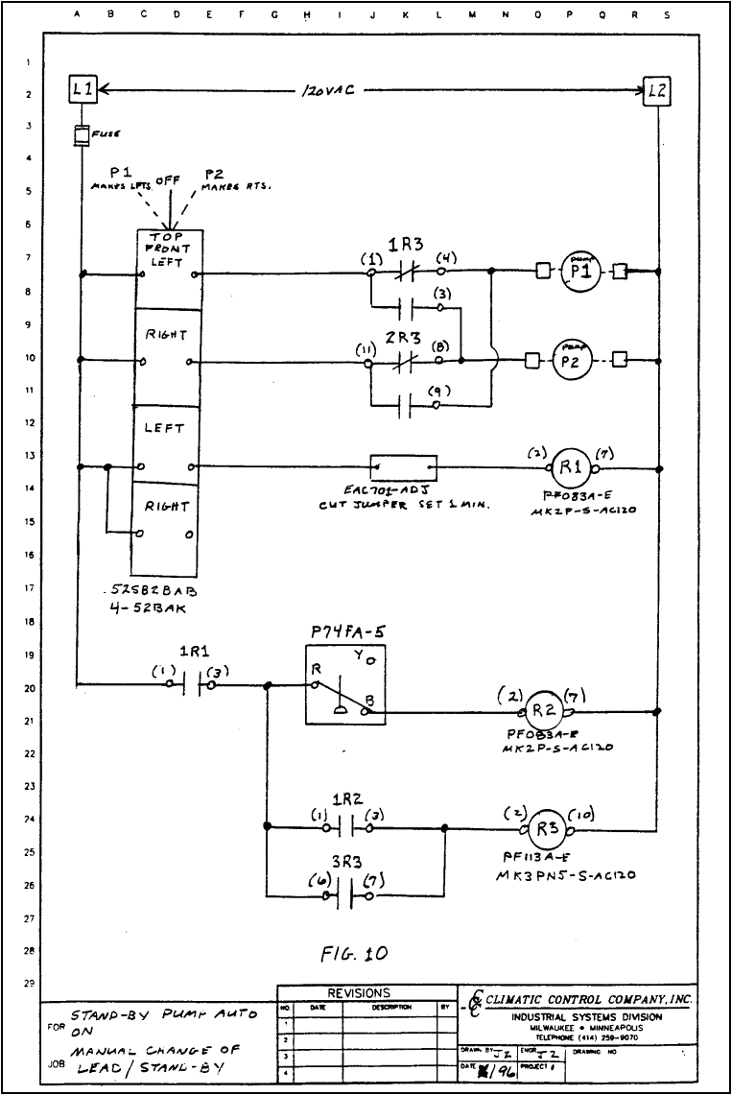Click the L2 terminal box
657,93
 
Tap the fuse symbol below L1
83,136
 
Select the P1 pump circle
579,272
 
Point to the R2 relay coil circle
544,712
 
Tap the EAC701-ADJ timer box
403,468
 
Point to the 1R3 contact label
401,244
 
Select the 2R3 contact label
400,338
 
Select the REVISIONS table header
359,993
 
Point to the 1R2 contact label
345,799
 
